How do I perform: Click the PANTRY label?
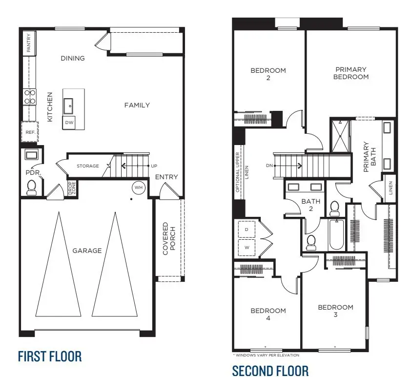(29, 42)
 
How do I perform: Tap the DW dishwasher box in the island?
(69, 123)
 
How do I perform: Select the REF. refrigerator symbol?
(29, 132)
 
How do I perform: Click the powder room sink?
(31, 155)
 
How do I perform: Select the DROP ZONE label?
(71, 188)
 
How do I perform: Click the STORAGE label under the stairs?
(88, 166)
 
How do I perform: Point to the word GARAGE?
(87, 251)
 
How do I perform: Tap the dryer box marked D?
(246, 229)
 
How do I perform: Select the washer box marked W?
(246, 247)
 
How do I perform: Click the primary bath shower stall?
(340, 136)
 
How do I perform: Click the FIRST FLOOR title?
(50, 356)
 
